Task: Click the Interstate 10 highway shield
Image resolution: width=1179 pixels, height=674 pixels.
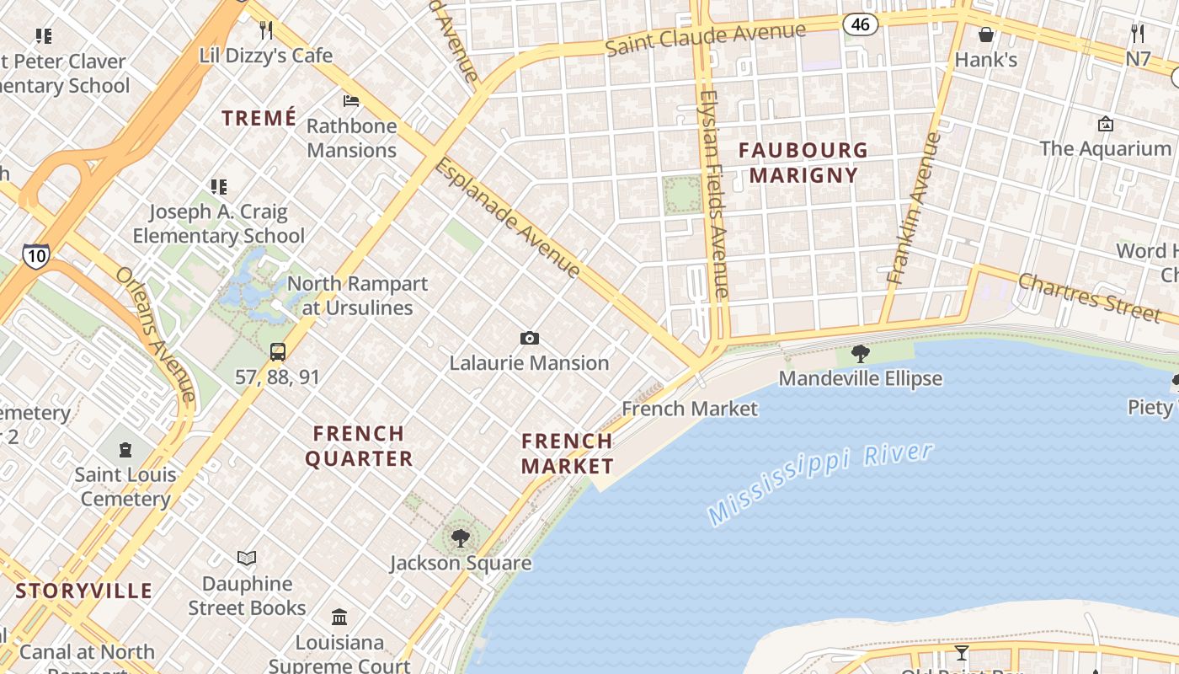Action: tap(35, 256)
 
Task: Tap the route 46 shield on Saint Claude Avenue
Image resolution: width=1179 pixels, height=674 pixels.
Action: tap(860, 24)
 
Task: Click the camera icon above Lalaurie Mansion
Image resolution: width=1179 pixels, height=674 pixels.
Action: tap(529, 339)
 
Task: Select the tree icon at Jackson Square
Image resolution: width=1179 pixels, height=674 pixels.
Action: tap(460, 538)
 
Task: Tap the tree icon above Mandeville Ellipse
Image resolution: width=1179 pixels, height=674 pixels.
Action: tap(860, 354)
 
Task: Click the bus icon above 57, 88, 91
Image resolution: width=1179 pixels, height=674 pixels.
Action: tap(277, 352)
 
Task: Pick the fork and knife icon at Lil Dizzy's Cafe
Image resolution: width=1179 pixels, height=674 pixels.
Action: tap(266, 31)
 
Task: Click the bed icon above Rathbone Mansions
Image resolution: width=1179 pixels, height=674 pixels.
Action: tap(351, 102)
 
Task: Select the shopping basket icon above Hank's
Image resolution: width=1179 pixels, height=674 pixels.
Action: tap(985, 35)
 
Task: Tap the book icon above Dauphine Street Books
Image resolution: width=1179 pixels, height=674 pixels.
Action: tap(247, 559)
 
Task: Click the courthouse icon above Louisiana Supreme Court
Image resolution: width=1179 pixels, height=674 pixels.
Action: tap(339, 618)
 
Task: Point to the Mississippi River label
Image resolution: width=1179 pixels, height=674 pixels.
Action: tap(820, 484)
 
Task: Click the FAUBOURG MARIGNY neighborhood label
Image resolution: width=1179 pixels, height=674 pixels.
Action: tap(803, 163)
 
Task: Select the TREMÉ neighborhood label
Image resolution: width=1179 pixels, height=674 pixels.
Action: tap(259, 118)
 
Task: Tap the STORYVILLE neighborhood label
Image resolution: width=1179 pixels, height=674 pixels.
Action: tap(84, 591)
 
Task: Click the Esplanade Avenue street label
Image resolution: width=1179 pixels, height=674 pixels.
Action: tap(507, 218)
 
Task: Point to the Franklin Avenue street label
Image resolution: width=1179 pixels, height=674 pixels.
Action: tap(913, 207)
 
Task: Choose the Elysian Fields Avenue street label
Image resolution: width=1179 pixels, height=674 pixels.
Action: tap(712, 193)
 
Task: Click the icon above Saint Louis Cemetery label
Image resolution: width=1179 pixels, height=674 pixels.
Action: tap(125, 450)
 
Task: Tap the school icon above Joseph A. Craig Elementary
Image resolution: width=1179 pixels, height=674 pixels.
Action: tap(219, 187)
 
